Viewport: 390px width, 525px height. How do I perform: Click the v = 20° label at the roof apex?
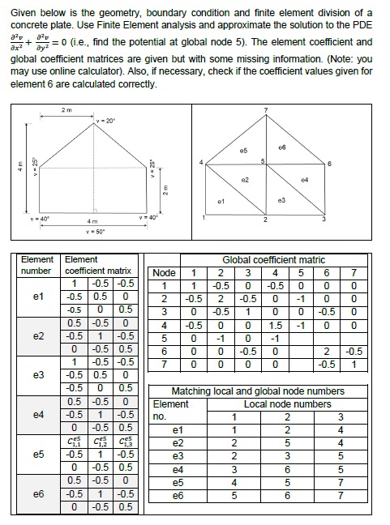[104, 121]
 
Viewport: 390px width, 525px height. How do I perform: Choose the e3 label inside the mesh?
[281, 199]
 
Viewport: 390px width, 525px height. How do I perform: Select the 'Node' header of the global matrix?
[164, 273]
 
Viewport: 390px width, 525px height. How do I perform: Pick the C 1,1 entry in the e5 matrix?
[76, 442]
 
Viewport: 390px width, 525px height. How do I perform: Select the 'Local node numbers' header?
[287, 403]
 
